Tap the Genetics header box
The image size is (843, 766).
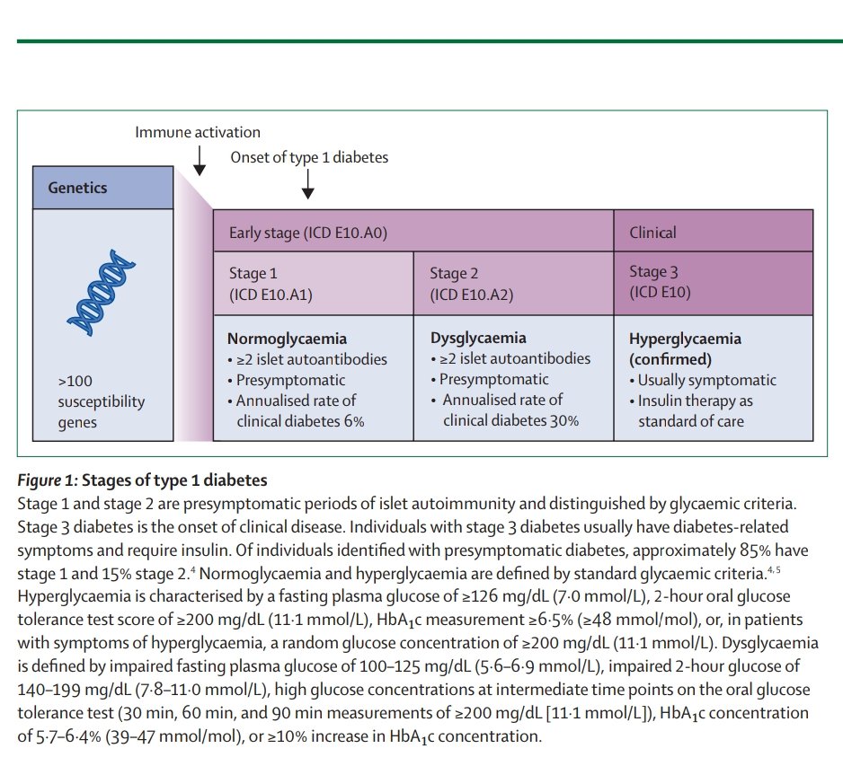(x=102, y=188)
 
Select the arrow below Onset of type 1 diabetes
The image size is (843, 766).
(x=308, y=183)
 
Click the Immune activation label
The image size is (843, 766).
(x=198, y=133)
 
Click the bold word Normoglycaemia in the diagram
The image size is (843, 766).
(x=287, y=339)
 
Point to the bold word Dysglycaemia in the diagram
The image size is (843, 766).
(x=478, y=339)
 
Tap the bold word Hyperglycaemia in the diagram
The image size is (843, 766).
(x=685, y=339)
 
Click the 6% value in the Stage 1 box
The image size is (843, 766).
(x=352, y=420)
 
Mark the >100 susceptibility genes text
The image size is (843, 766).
(x=101, y=401)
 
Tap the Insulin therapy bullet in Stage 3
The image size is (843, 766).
(x=696, y=410)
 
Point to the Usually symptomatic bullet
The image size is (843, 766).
(x=705, y=380)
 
